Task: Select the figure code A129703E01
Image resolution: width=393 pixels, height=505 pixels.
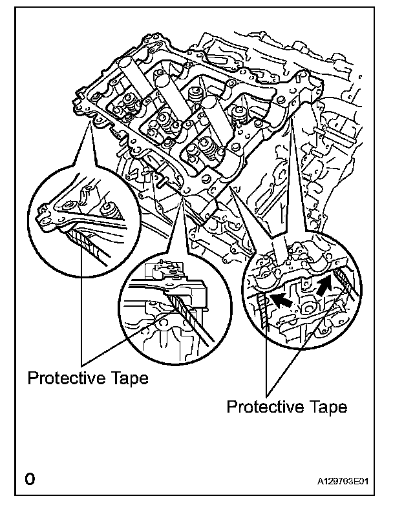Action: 347,481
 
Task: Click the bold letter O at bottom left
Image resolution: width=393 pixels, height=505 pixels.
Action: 29,480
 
